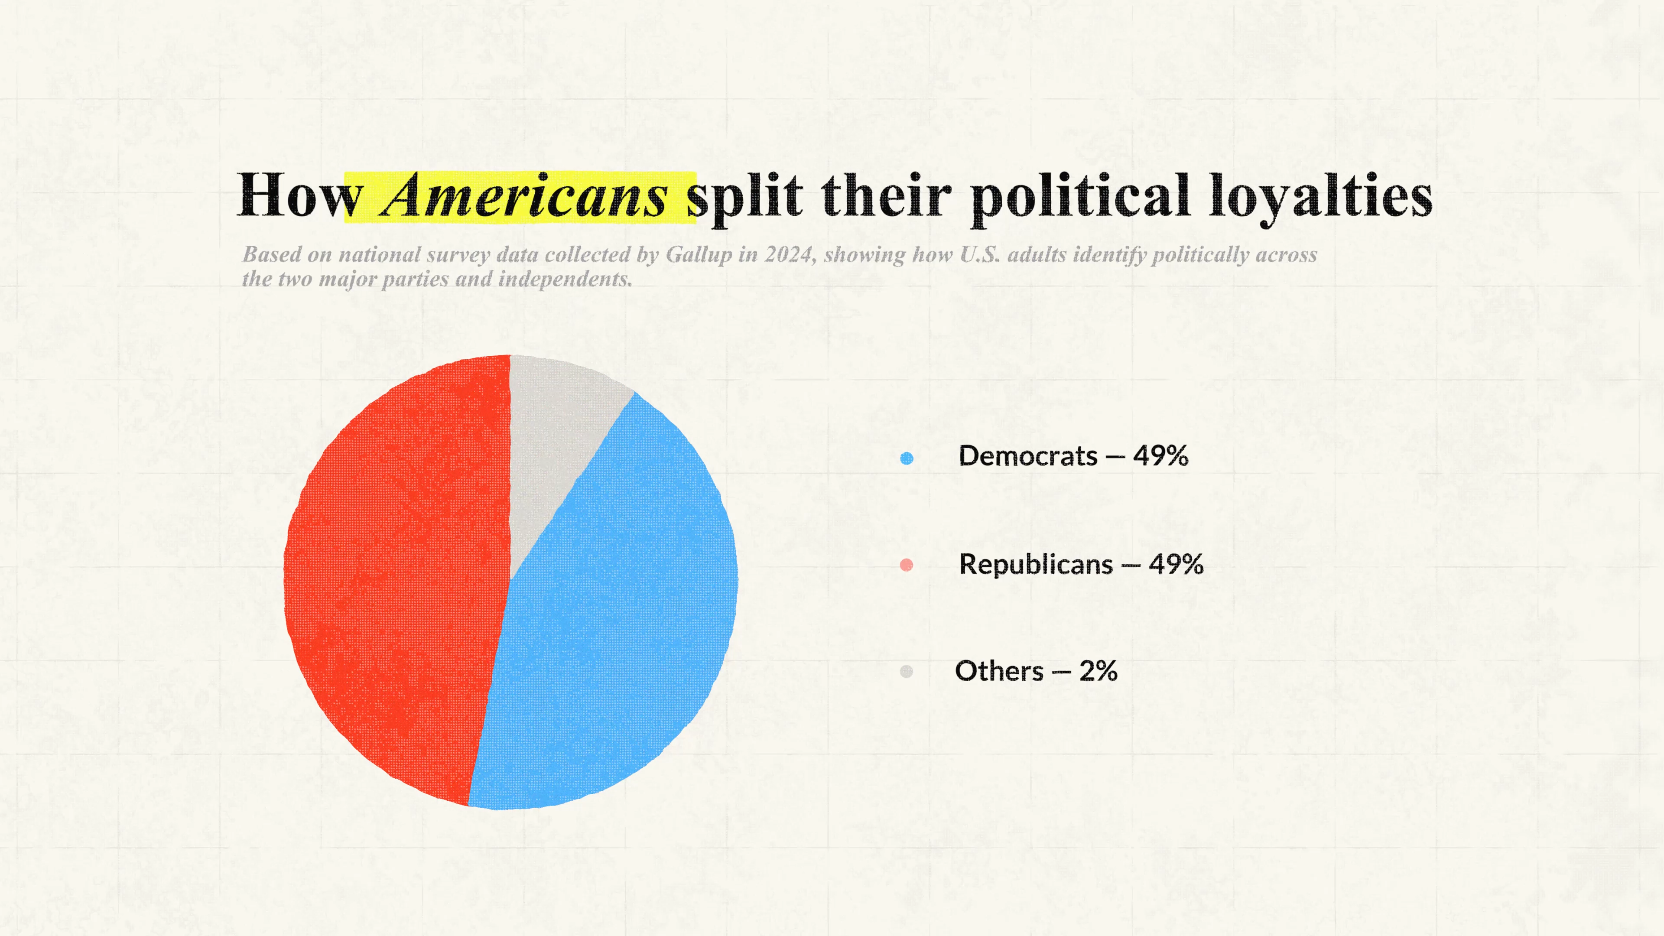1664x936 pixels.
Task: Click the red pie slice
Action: point(394,582)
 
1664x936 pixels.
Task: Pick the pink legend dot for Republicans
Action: point(906,565)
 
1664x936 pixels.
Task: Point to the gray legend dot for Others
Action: point(906,672)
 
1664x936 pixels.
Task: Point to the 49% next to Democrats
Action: point(1160,456)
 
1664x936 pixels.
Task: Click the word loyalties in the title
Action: point(1320,196)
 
